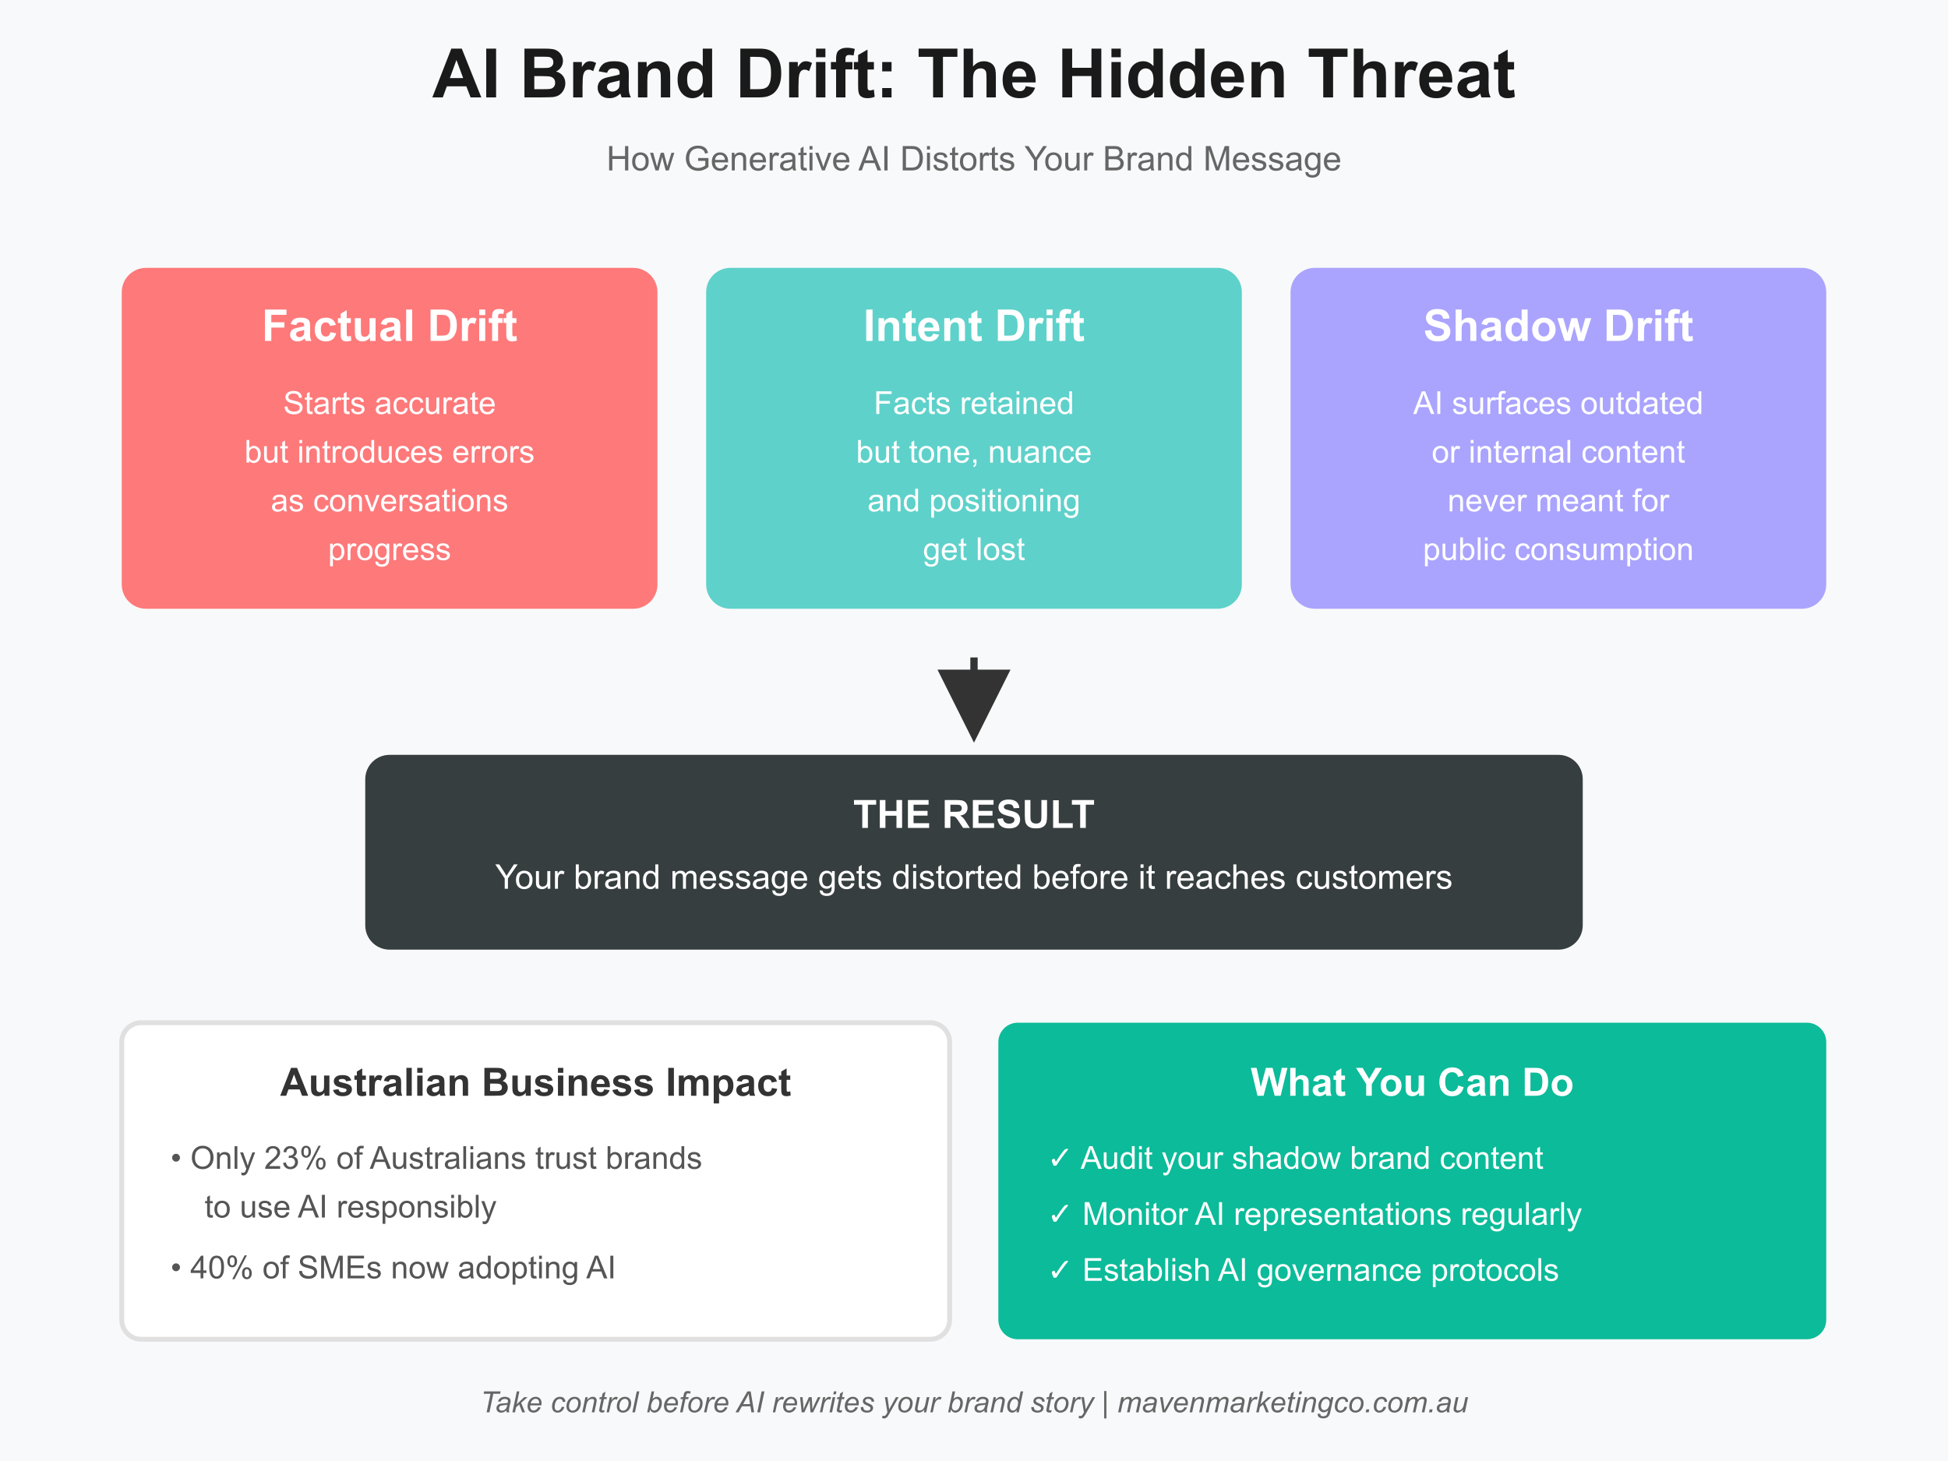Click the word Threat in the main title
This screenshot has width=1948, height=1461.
click(1411, 75)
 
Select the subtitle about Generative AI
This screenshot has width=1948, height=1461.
click(973, 160)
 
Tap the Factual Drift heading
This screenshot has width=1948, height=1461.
click(390, 326)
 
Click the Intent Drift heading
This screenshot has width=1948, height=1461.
click(973, 326)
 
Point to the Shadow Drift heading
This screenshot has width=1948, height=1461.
click(1557, 326)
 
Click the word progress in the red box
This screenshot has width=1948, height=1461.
click(390, 549)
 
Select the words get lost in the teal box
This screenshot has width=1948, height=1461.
click(973, 549)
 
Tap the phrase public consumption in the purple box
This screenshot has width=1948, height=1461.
click(1557, 549)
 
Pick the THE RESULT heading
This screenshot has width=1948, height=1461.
click(973, 814)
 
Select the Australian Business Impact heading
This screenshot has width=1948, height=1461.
click(535, 1082)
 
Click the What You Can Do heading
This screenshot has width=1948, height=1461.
click(1411, 1082)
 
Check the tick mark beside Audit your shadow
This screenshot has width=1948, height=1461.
click(1060, 1158)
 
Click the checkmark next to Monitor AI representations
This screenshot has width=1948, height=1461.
click(1060, 1215)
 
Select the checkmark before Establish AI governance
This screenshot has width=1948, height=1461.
click(1060, 1271)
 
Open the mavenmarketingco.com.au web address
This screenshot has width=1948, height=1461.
click(1292, 1402)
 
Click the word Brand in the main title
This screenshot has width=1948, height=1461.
click(617, 75)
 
